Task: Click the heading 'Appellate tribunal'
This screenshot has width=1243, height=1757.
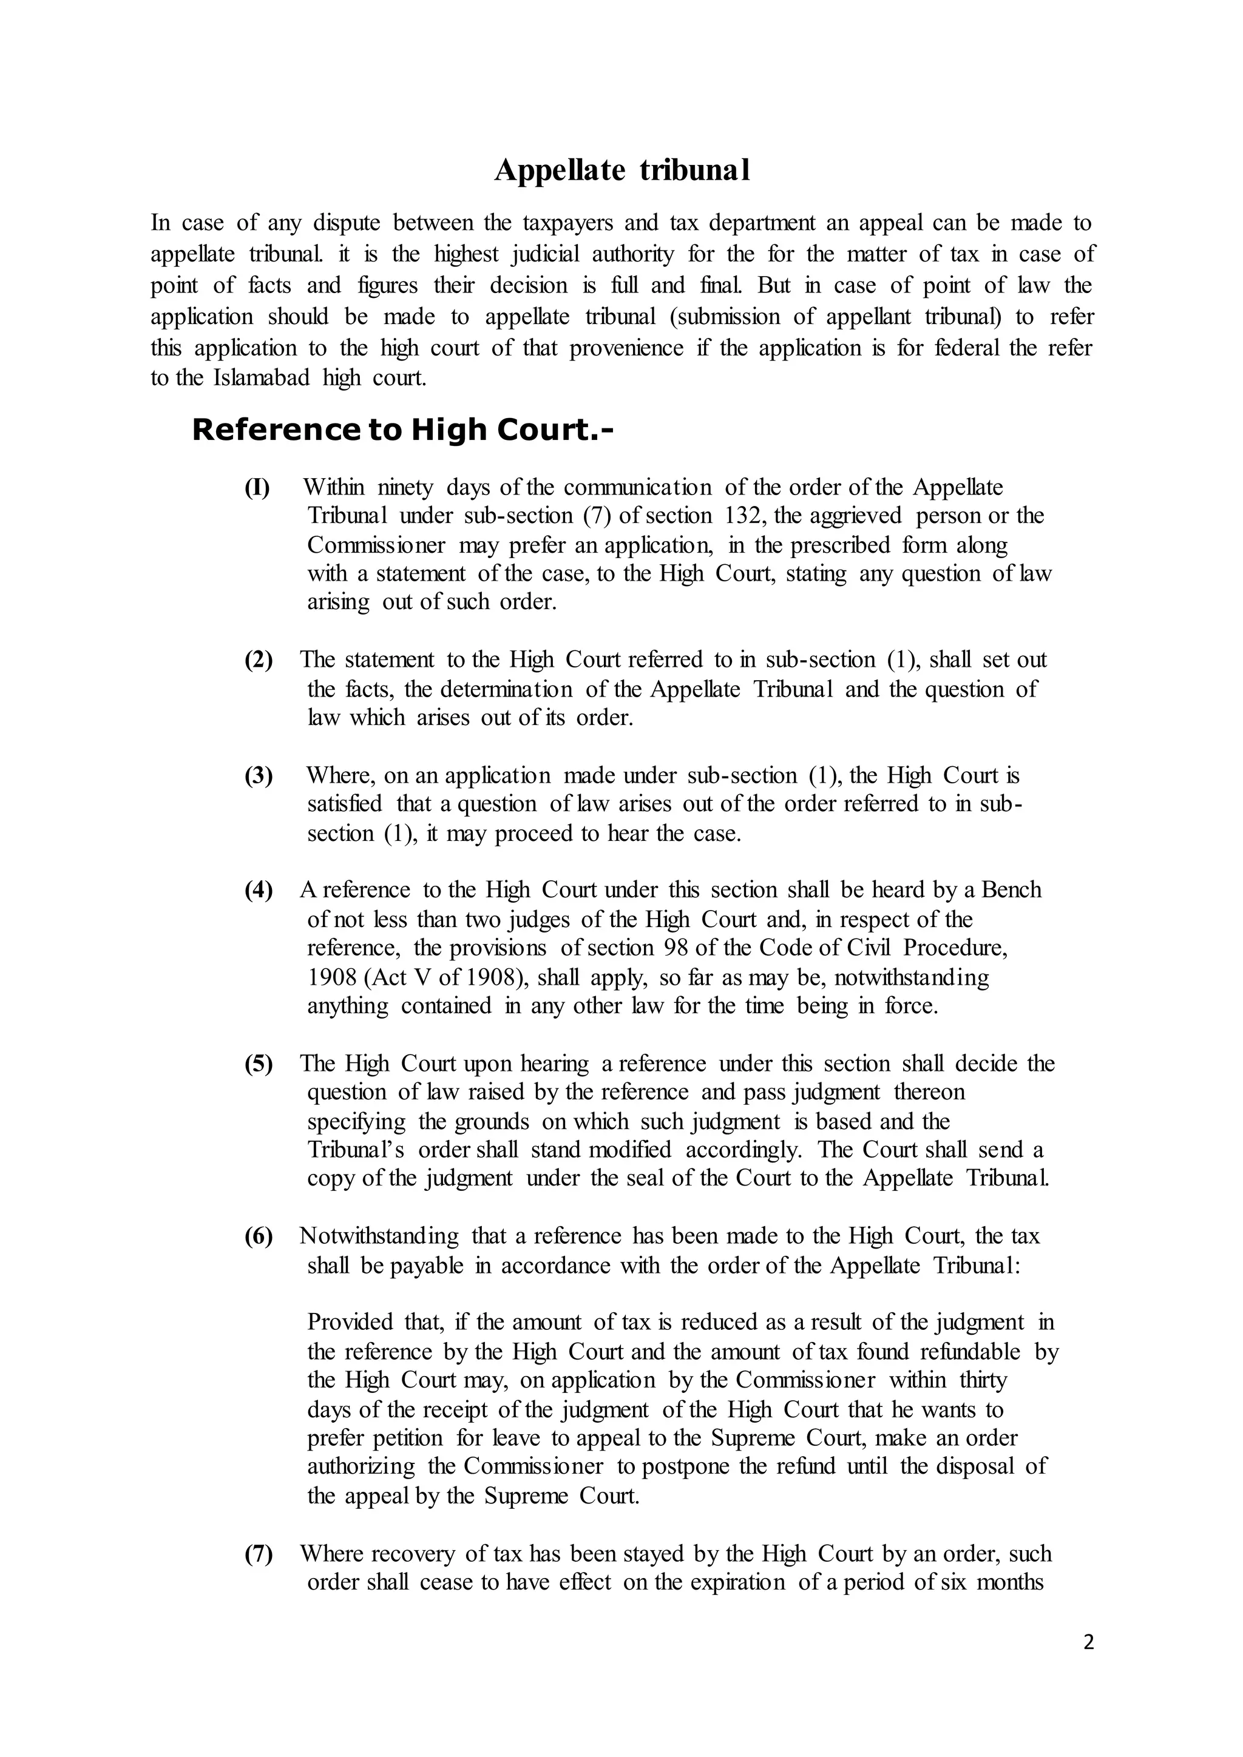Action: pos(621,170)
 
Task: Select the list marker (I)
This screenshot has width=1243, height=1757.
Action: pos(257,487)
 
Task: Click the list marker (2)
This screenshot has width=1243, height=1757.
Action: pos(259,659)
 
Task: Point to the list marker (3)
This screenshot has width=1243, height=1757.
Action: pos(259,776)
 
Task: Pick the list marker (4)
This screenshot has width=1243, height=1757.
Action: pos(259,890)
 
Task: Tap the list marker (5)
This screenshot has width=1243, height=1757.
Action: pos(259,1064)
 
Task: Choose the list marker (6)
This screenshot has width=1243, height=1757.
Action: pos(259,1236)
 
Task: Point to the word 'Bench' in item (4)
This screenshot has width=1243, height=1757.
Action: pos(1011,890)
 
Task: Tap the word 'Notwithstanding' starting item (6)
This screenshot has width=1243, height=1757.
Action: pos(379,1236)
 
